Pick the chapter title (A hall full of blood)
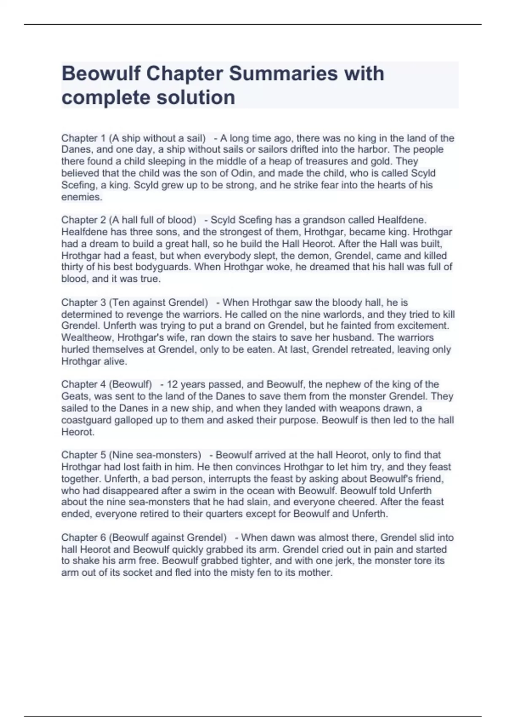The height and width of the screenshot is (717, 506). click(x=153, y=220)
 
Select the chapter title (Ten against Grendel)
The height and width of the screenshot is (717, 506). click(x=159, y=303)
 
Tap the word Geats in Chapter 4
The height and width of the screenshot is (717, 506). click(x=75, y=396)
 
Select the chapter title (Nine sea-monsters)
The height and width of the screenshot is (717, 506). click(x=155, y=456)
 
